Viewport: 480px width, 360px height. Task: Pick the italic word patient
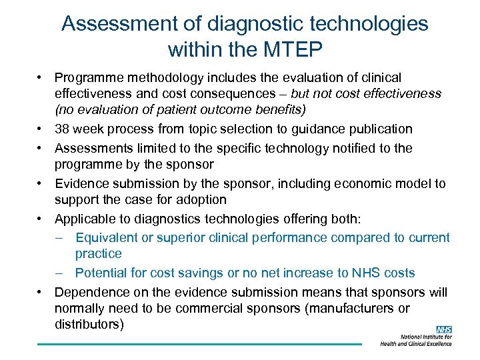coord(170,109)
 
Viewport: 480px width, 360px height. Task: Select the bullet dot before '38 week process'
coord(41,129)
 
